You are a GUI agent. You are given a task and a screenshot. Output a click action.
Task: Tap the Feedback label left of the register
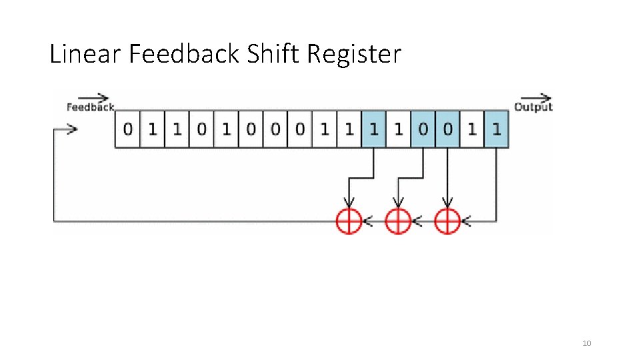pyautogui.click(x=91, y=107)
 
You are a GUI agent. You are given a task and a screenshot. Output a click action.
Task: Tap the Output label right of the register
pyautogui.click(x=533, y=107)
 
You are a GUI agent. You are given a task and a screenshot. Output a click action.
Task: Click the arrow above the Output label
pyautogui.click(x=536, y=98)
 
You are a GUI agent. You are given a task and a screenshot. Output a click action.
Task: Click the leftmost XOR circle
pyautogui.click(x=349, y=221)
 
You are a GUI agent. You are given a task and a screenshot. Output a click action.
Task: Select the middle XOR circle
pyautogui.click(x=398, y=221)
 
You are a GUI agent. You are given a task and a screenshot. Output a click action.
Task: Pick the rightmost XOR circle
pyautogui.click(x=447, y=221)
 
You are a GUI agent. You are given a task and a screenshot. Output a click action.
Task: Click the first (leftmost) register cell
pyautogui.click(x=127, y=129)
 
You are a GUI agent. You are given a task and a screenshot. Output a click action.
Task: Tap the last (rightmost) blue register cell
pyautogui.click(x=497, y=129)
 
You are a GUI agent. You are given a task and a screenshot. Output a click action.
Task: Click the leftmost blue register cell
pyautogui.click(x=373, y=129)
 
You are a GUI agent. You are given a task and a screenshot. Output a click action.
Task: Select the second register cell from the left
pyautogui.click(x=152, y=129)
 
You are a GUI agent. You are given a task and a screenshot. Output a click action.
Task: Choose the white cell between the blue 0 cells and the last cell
pyautogui.click(x=472, y=129)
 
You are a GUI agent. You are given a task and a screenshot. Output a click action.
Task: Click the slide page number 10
pyautogui.click(x=587, y=343)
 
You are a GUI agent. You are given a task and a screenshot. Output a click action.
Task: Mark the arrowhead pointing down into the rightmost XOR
pyautogui.click(x=447, y=203)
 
